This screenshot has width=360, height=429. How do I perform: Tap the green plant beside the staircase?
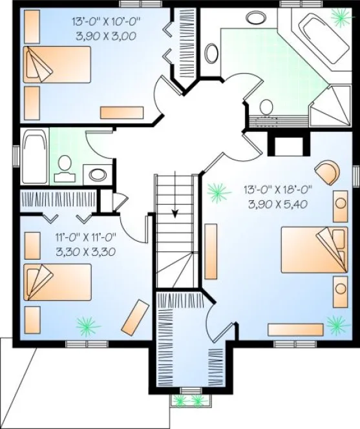[217, 192]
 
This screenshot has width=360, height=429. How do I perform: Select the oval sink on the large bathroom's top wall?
[257, 18]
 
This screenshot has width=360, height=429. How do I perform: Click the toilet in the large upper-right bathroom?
[265, 107]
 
